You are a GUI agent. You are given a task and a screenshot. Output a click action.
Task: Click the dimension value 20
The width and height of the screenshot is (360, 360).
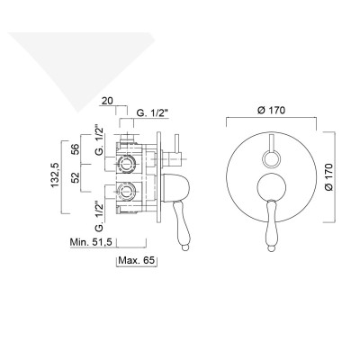(107, 101)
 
